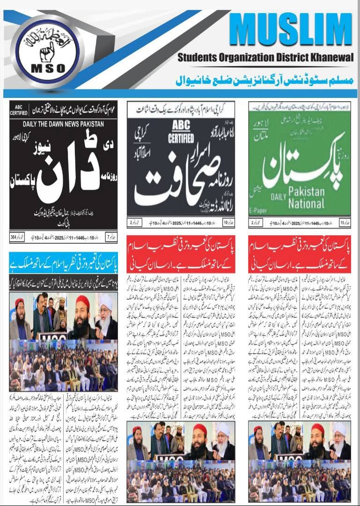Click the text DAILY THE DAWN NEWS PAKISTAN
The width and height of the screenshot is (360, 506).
(63, 124)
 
